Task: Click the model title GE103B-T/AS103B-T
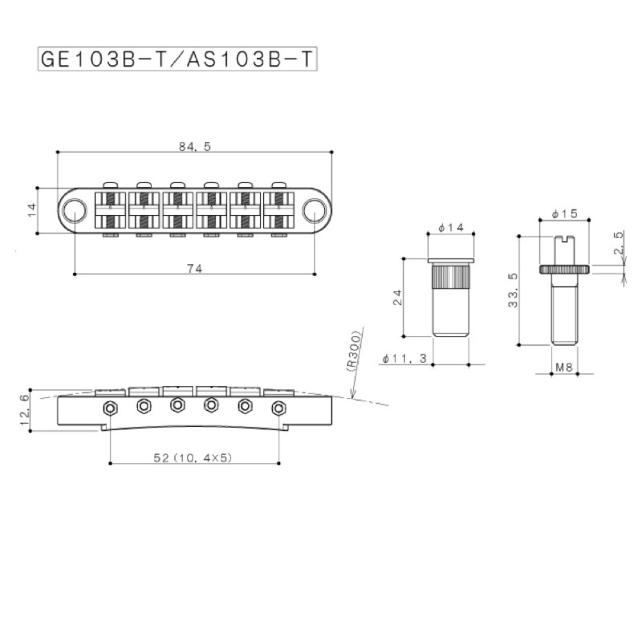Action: point(178,59)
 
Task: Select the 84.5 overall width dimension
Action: point(195,146)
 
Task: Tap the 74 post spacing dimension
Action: point(195,269)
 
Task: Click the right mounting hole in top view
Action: point(315,209)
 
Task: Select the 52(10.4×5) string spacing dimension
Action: point(195,457)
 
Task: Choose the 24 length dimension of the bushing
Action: point(397,296)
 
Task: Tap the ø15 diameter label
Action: point(564,213)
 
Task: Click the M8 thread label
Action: point(564,367)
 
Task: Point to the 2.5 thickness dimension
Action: point(619,244)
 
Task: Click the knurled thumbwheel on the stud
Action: point(564,268)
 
